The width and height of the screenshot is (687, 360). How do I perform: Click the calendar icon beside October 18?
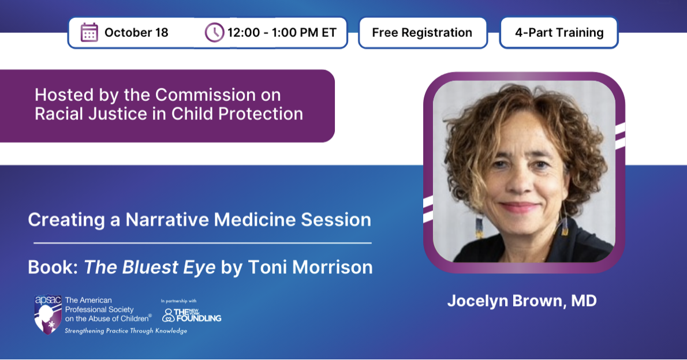[89, 32]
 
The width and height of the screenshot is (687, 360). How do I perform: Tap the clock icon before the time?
[214, 32]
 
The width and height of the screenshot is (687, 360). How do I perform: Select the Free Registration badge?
[423, 32]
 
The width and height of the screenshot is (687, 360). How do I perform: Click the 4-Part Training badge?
[559, 32]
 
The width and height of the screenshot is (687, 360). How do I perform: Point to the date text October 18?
[136, 32]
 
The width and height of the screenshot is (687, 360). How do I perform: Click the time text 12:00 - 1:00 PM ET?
[282, 32]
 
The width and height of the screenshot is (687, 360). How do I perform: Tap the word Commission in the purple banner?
[206, 95]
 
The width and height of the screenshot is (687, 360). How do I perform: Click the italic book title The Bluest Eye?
[150, 267]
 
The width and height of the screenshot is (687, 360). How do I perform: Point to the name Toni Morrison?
[310, 267]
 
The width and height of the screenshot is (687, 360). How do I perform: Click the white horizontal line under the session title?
[203, 243]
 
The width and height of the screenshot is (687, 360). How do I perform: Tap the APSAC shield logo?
[48, 314]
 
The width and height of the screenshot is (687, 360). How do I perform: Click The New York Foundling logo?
[192, 315]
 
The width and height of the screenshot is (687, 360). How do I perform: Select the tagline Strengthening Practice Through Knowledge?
[126, 331]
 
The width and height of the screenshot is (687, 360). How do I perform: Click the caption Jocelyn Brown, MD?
[522, 301]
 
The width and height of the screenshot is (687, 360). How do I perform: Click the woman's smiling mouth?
[519, 207]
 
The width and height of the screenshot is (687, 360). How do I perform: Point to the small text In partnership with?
[179, 301]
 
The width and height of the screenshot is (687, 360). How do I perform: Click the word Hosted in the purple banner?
[64, 95]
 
